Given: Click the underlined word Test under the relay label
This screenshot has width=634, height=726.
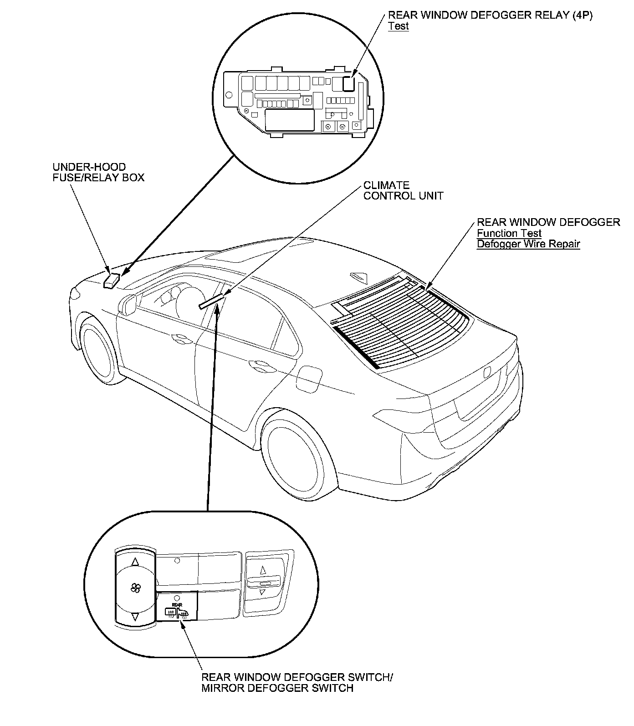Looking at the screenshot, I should coord(398,26).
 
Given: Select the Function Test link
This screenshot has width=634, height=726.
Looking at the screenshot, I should coord(509,233).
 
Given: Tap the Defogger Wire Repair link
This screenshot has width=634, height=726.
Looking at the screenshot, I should coord(528,244).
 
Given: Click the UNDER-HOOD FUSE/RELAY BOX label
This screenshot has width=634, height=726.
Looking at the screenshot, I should coord(98,172).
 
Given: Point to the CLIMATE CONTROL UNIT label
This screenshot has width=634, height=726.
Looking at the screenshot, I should coord(403,191).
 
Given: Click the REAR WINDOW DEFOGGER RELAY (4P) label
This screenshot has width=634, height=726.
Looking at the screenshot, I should coord(490,15).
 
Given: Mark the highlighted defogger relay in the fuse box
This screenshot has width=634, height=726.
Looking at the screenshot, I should coord(349,84).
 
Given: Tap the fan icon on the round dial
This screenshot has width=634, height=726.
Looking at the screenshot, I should coord(135,588).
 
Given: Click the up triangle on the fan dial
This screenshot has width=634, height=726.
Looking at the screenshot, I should coord(135,562).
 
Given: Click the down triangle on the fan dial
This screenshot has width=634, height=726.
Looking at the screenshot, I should coord(135,616).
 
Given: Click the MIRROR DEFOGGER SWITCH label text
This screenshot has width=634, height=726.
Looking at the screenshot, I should coord(277,688).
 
